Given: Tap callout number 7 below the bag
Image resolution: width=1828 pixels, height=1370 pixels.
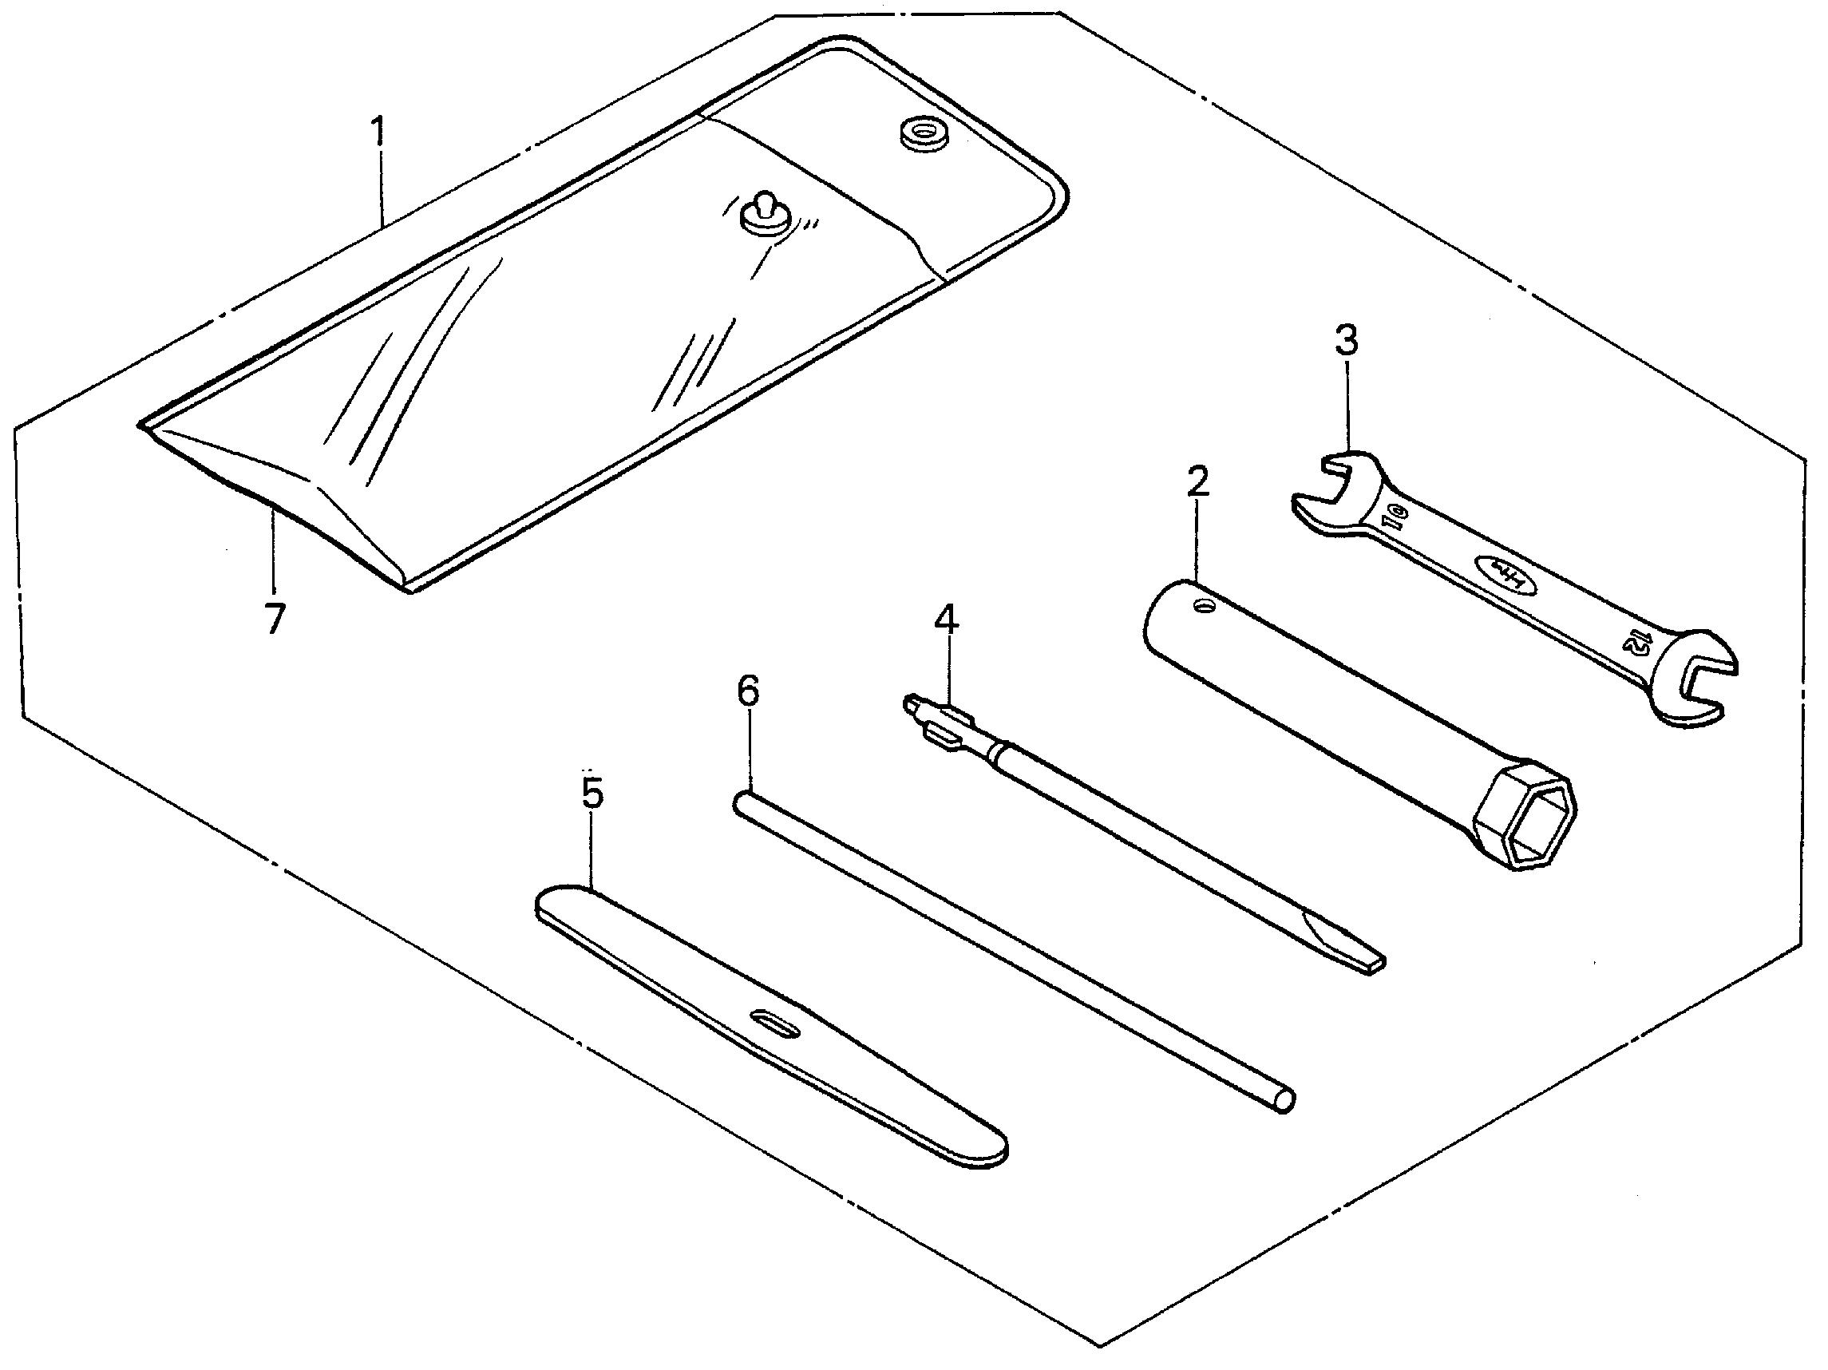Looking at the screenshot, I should tap(275, 618).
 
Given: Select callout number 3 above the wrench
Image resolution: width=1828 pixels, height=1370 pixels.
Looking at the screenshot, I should tap(1347, 339).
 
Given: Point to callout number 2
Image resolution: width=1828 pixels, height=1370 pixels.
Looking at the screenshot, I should tap(1197, 481).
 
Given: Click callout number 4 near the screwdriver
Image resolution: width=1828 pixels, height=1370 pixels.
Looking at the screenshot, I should tap(947, 619).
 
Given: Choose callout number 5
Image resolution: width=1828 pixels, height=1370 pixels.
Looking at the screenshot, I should tap(592, 794).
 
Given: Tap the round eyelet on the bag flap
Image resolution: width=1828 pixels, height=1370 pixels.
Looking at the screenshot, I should tap(923, 135).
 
